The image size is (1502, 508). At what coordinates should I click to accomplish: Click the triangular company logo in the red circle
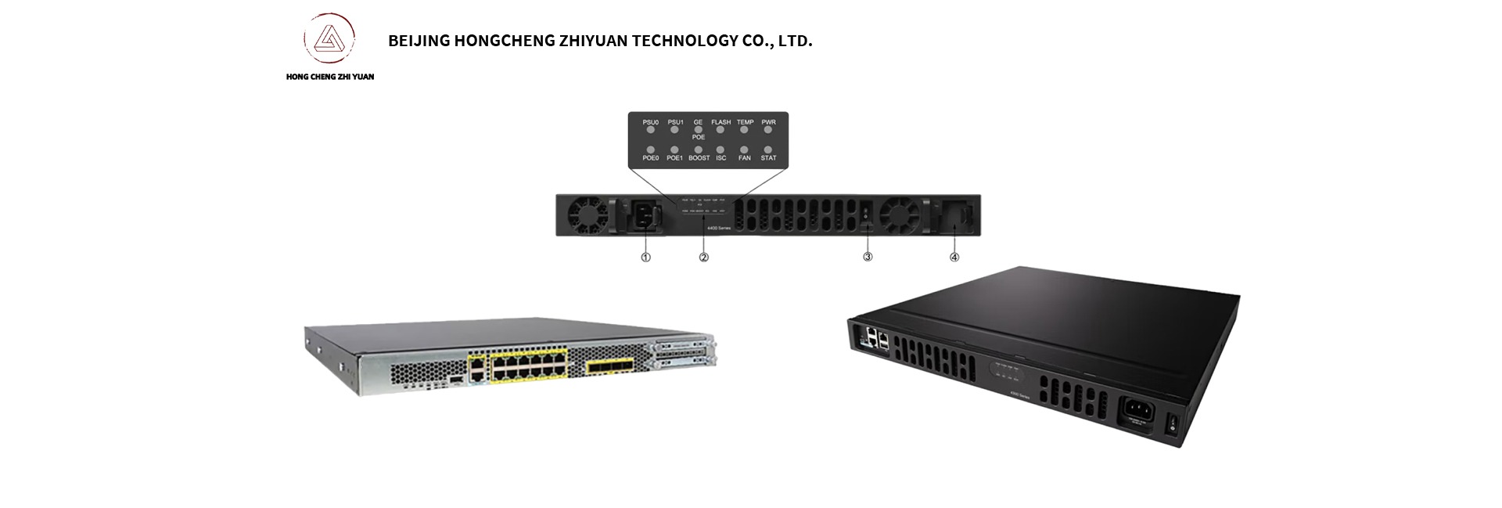[x=329, y=40]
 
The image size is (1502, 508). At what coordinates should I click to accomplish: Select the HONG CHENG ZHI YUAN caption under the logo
[x=330, y=77]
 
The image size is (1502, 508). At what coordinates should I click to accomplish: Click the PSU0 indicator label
[x=650, y=122]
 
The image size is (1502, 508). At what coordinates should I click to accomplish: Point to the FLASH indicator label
[x=720, y=122]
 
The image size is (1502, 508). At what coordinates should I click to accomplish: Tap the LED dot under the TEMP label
[x=745, y=130]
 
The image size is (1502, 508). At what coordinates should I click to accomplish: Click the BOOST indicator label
[x=699, y=158]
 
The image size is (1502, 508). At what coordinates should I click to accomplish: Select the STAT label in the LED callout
[x=769, y=158]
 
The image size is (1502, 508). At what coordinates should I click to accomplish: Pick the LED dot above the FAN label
[x=745, y=149]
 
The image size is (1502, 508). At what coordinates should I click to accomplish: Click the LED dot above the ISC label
[x=721, y=149]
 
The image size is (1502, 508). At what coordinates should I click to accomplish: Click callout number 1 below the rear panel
[x=645, y=257]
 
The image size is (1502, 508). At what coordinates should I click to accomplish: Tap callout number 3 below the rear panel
[x=868, y=257]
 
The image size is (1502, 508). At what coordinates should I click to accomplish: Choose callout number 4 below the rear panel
[x=954, y=257]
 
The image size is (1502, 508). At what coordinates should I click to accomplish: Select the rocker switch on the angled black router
[x=1171, y=426]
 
